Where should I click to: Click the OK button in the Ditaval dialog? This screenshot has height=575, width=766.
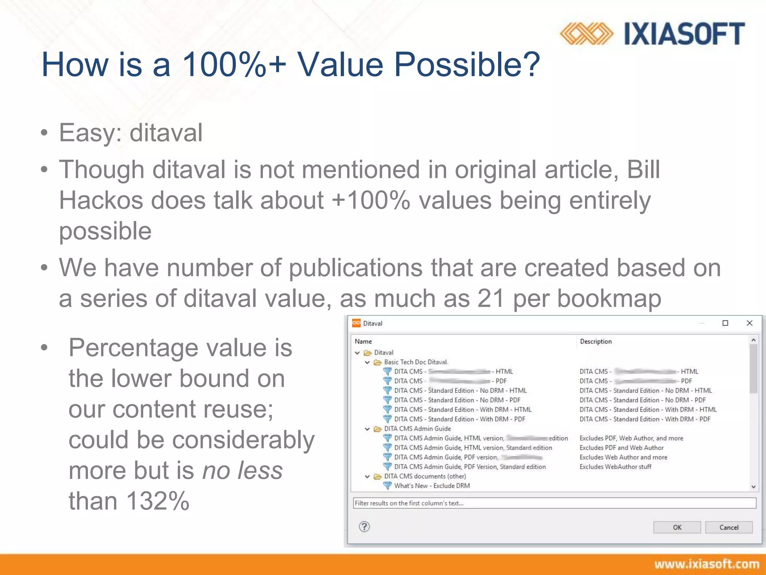(x=677, y=527)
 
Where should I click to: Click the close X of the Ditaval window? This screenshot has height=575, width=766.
(x=749, y=323)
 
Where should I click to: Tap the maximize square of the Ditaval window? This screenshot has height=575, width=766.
(x=725, y=323)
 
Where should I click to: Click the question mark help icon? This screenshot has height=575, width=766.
(x=364, y=527)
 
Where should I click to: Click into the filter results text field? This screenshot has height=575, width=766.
(x=554, y=503)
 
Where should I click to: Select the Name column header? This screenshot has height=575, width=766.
(x=363, y=341)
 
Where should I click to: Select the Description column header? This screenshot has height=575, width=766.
(x=595, y=341)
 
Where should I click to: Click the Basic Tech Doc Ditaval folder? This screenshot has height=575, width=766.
(x=415, y=362)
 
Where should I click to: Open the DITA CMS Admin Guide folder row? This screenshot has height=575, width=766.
(x=417, y=429)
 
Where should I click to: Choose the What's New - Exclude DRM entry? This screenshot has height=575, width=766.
(x=432, y=486)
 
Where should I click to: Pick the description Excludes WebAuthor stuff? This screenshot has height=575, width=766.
(x=615, y=467)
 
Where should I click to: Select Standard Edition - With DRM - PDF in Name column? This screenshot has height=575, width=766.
(x=459, y=419)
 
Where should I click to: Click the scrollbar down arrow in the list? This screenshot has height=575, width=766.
(x=753, y=487)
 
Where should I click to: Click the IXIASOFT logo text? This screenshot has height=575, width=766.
(x=684, y=34)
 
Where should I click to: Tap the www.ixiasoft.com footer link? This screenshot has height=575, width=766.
(x=707, y=564)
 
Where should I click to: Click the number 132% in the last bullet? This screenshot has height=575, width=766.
(x=157, y=501)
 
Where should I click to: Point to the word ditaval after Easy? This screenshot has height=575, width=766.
(x=166, y=133)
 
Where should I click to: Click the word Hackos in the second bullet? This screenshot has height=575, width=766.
(x=101, y=200)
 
